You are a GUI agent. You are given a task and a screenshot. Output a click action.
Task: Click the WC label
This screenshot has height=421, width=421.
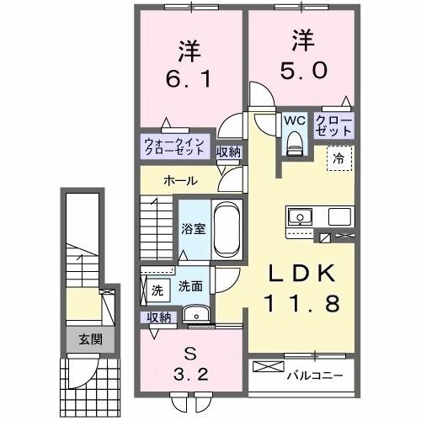(293, 120)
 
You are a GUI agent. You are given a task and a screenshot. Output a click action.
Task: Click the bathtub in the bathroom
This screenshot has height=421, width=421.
(227, 228)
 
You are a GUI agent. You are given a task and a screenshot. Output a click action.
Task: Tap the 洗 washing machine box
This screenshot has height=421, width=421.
(157, 290)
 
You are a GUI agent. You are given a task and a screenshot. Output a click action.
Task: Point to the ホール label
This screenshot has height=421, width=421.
(181, 180)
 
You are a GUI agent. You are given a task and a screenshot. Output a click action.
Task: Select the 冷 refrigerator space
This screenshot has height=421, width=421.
(337, 157)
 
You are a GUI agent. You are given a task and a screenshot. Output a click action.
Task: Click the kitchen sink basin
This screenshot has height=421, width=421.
(300, 217)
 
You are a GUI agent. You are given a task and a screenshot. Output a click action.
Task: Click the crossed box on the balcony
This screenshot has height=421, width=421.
(268, 369)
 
